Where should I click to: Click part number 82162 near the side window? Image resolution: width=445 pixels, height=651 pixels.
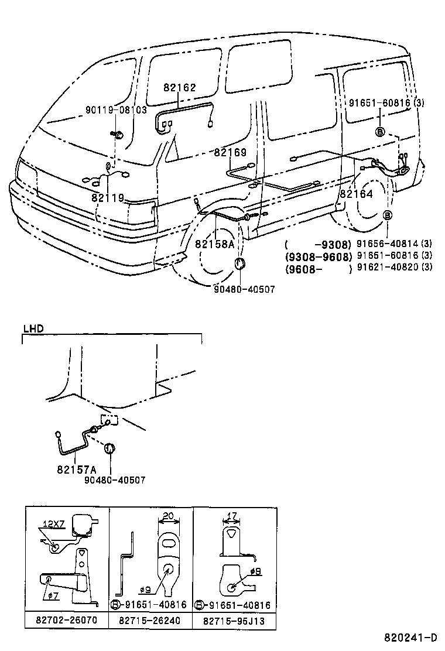pyautogui.click(x=180, y=88)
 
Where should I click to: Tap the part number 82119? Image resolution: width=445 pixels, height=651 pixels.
pyautogui.click(x=108, y=198)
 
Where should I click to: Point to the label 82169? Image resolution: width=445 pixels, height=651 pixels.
pyautogui.click(x=230, y=152)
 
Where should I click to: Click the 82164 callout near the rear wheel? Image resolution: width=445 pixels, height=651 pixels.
pyautogui.click(x=356, y=193)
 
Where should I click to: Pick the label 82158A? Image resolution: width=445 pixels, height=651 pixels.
pyautogui.click(x=214, y=244)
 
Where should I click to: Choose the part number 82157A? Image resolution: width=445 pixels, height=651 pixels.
pyautogui.click(x=76, y=470)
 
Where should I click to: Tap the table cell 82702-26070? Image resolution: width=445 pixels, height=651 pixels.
pyautogui.click(x=67, y=620)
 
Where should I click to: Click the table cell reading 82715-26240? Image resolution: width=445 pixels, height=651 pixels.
pyautogui.click(x=150, y=620)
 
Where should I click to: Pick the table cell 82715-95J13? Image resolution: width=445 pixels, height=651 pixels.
pyautogui.click(x=234, y=620)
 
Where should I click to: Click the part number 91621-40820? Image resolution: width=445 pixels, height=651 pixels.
pyautogui.click(x=387, y=268)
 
